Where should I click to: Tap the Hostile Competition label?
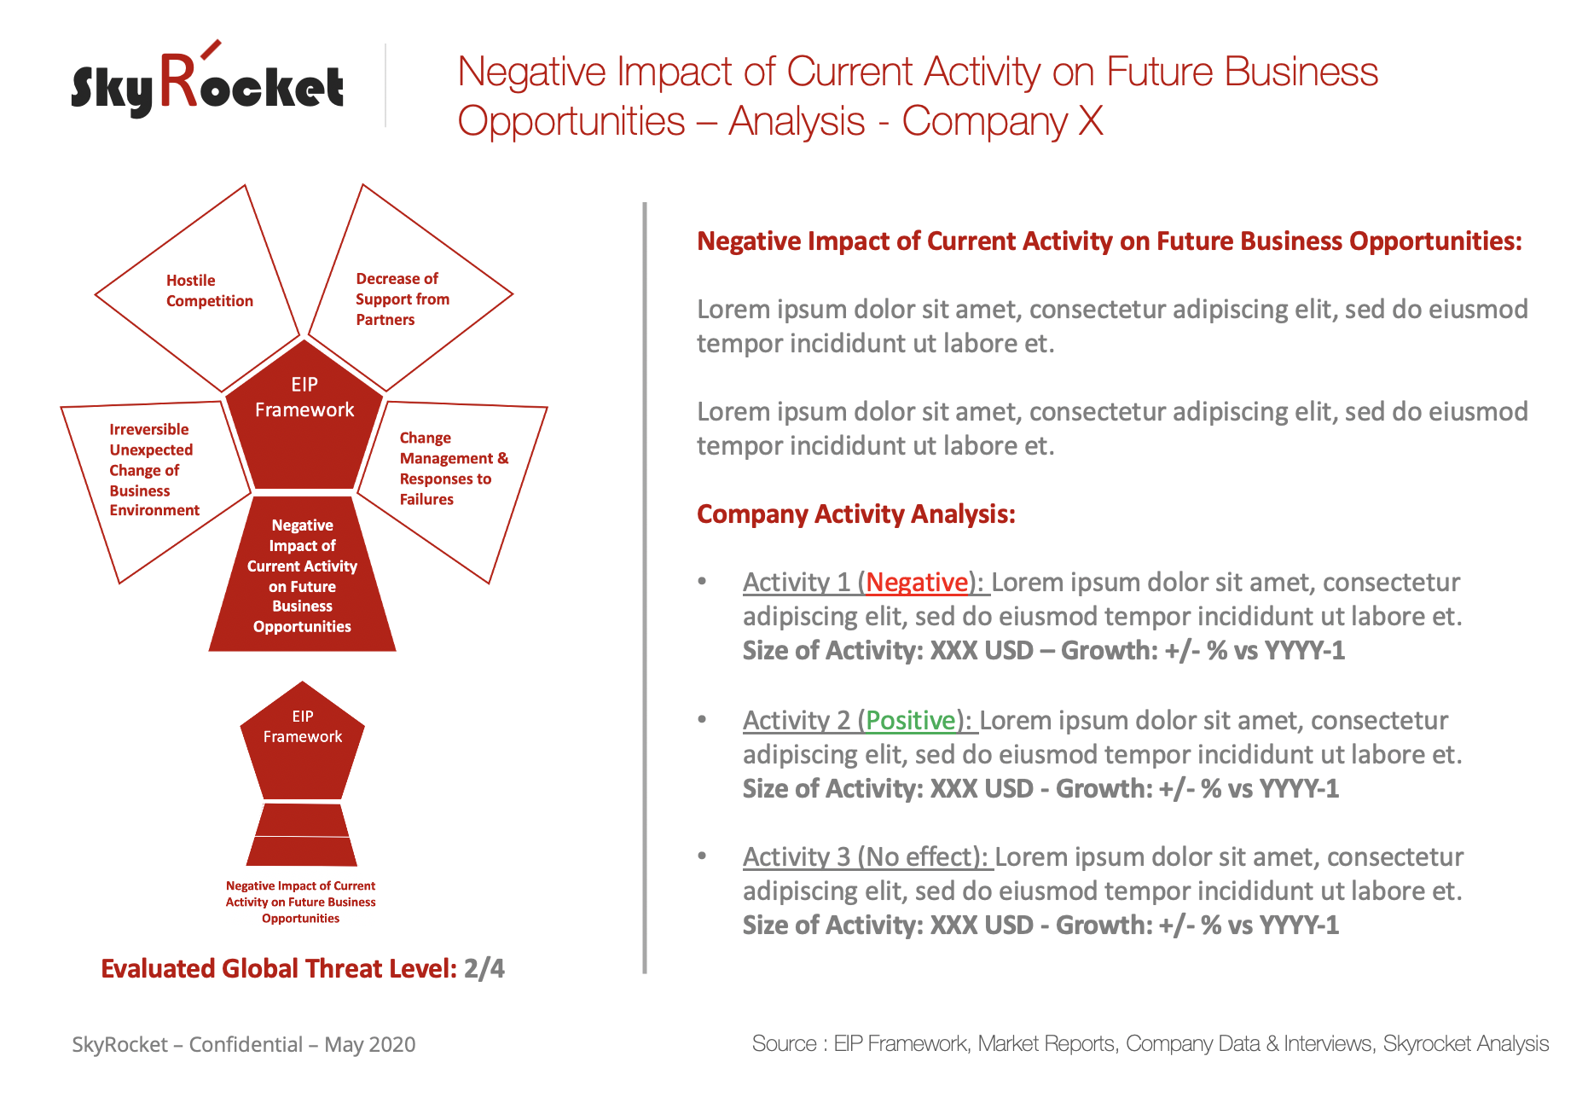coord(210,291)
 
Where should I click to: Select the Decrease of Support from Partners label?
coord(403,299)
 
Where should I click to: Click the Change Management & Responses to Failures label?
coord(454,468)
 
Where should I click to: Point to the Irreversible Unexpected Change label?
coord(154,470)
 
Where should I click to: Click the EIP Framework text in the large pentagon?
coord(304,398)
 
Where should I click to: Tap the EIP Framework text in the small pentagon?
coord(303,727)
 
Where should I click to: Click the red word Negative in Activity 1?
coord(917,583)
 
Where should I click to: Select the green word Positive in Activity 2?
coord(911,721)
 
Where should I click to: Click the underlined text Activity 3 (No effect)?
coord(866,857)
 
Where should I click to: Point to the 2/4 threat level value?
coord(484,969)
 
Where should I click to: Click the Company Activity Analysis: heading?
coord(856,514)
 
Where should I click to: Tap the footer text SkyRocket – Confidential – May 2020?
coord(244,1045)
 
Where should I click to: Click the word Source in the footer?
coord(784,1044)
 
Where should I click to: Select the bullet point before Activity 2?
coord(702,719)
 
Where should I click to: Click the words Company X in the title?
coord(1003,121)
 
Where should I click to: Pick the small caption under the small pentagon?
coord(301,903)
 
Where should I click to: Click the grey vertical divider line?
coord(645,588)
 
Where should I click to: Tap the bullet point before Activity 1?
coord(702,581)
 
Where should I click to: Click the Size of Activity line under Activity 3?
coord(1041,926)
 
